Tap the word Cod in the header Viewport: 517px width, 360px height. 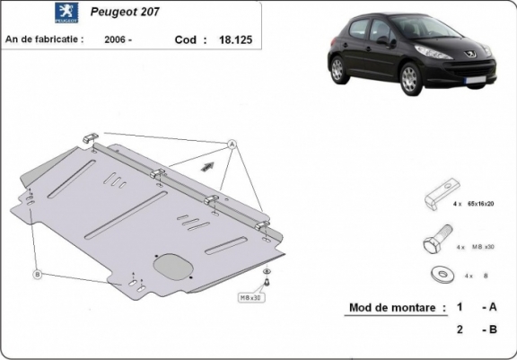183,40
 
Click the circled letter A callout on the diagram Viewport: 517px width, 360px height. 232,144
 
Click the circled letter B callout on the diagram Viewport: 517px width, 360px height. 37,273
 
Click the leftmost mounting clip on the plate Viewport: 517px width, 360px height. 91,137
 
